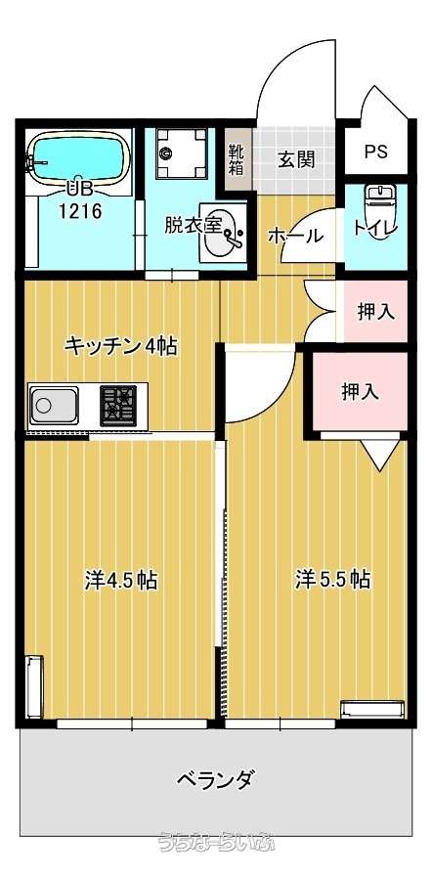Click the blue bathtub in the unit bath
(x=79, y=157)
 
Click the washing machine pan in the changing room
(x=182, y=153)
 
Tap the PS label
(x=376, y=152)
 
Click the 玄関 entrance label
(x=296, y=159)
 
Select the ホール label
(x=296, y=236)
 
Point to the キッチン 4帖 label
(x=120, y=346)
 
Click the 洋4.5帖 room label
(x=120, y=581)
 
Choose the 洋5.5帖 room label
(x=333, y=580)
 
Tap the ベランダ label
(x=217, y=778)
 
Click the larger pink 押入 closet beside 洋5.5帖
(x=360, y=392)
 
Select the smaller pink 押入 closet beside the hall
(x=375, y=311)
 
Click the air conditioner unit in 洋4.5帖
(x=34, y=686)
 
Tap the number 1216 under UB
(x=81, y=210)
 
